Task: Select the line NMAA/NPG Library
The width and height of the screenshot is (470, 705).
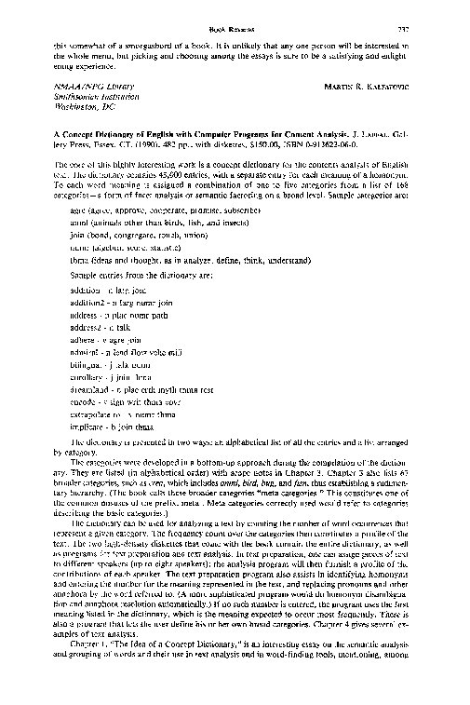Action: tap(84, 87)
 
